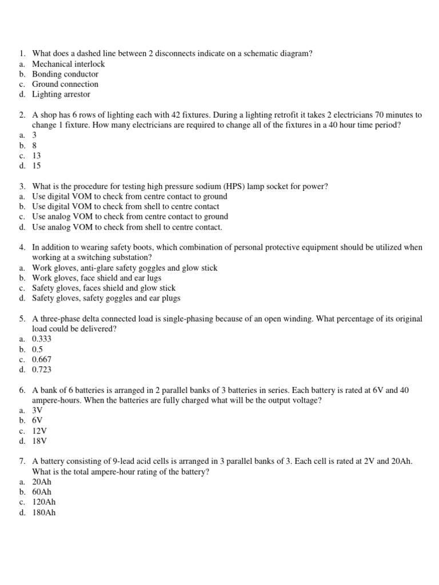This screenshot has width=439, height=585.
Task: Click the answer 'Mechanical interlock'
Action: pyautogui.click(x=68, y=64)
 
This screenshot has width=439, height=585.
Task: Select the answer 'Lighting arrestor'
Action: pyautogui.click(x=61, y=94)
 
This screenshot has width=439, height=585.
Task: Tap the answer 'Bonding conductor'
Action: pyautogui.click(x=65, y=74)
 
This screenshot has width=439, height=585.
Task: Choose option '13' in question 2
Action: pyautogui.click(x=37, y=156)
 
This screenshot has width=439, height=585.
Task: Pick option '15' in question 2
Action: pyautogui.click(x=37, y=166)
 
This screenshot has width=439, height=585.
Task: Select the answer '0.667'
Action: pyautogui.click(x=42, y=359)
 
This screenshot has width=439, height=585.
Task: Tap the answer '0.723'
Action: pyautogui.click(x=42, y=370)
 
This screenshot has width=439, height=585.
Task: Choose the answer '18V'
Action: pyautogui.click(x=39, y=441)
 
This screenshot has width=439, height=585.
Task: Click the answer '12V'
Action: pyautogui.click(x=39, y=431)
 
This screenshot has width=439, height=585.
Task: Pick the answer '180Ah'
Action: pyautogui.click(x=44, y=512)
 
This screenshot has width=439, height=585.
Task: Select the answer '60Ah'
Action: pyautogui.click(x=42, y=492)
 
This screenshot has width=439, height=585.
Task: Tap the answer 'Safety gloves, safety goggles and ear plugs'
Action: pyautogui.click(x=106, y=298)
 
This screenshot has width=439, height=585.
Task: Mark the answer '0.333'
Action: pyautogui.click(x=42, y=339)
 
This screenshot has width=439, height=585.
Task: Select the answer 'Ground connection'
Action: pyautogui.click(x=65, y=84)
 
